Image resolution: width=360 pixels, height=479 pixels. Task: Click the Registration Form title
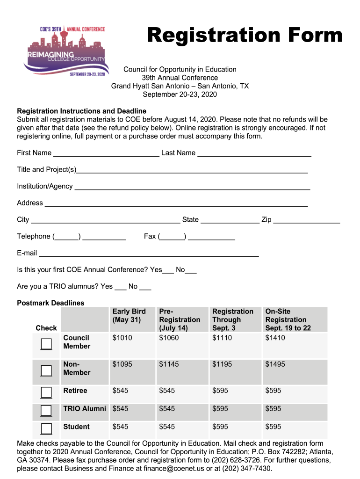(245, 35)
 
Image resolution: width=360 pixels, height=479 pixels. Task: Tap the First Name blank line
(106, 153)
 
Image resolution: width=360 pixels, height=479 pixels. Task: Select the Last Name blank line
(254, 153)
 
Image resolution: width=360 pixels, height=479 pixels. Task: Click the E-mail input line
(149, 254)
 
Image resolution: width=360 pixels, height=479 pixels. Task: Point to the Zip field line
(306, 220)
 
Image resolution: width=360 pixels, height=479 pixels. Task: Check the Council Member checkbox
(46, 344)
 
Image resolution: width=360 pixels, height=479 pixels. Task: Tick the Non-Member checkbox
(46, 370)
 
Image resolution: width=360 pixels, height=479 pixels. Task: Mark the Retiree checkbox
(46, 392)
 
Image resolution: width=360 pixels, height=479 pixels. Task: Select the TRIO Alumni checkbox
(46, 410)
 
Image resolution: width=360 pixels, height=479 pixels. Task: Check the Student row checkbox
(46, 428)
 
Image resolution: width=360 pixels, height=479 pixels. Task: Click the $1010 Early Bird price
(122, 338)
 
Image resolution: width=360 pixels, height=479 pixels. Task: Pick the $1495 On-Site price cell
(275, 364)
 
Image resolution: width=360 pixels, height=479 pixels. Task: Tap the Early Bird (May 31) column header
(129, 316)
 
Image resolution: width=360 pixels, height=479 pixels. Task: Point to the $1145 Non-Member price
(169, 364)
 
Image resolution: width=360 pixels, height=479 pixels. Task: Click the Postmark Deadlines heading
(50, 303)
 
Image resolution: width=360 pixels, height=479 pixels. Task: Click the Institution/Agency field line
(192, 187)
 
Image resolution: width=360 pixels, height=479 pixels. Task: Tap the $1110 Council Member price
(222, 338)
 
